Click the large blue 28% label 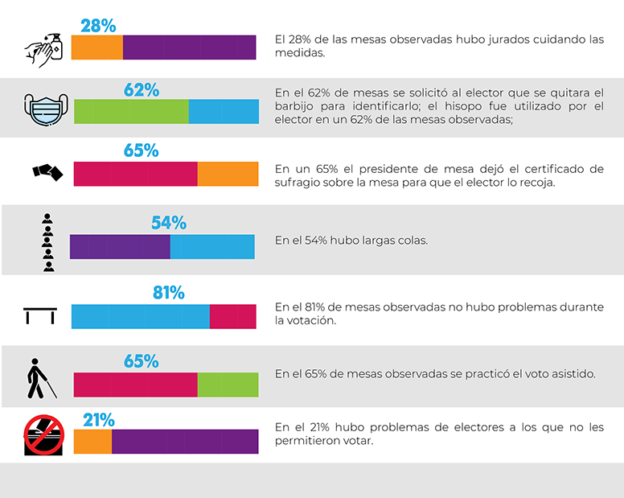[x=98, y=25]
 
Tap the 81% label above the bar [x=169, y=293]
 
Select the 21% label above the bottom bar [x=99, y=419]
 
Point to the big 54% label [x=169, y=223]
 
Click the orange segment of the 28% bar [x=97, y=47]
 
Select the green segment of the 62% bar [x=131, y=111]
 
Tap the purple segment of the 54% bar [x=120, y=246]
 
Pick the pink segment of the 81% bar [x=232, y=316]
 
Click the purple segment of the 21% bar [x=185, y=442]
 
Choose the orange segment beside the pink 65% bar [x=228, y=175]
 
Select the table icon [x=40, y=315]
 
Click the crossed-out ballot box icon [x=43, y=435]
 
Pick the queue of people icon [x=47, y=241]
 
